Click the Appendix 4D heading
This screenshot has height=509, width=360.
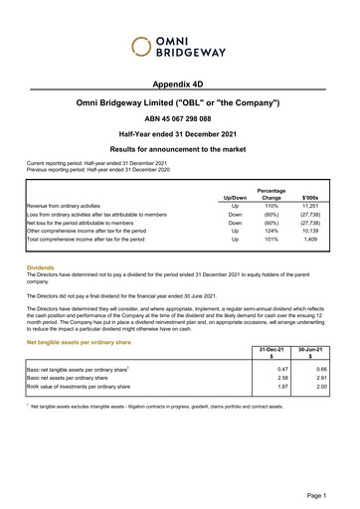click(x=179, y=86)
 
